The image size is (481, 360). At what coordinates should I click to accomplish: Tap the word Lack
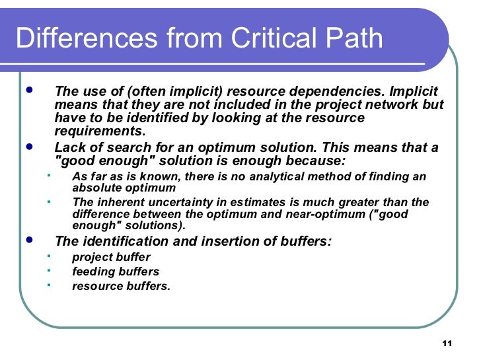(70, 147)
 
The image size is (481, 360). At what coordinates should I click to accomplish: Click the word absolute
(94, 187)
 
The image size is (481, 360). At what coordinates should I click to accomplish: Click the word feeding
(92, 271)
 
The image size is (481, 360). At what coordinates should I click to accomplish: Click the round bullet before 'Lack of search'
(28, 147)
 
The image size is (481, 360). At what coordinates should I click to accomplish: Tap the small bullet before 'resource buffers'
(48, 284)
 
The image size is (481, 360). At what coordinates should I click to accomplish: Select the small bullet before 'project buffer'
(48, 255)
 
